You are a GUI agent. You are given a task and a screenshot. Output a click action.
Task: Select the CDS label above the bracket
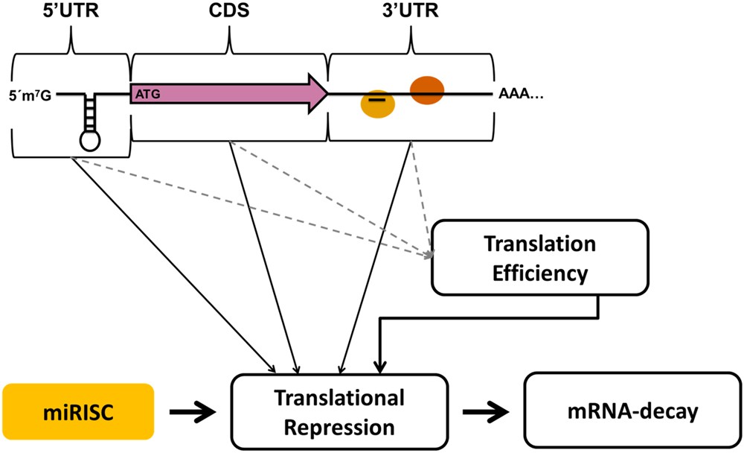(x=231, y=13)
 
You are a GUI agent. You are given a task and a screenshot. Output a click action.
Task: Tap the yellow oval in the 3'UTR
(x=377, y=104)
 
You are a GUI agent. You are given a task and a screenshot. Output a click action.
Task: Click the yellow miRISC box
(x=78, y=411)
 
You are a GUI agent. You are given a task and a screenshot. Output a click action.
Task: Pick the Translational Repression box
(x=341, y=411)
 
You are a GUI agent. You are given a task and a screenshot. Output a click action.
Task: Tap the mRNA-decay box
(x=624, y=411)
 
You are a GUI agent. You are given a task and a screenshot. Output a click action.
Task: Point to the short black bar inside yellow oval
(x=377, y=99)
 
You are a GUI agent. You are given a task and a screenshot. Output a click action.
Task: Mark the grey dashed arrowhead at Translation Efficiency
(x=429, y=256)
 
